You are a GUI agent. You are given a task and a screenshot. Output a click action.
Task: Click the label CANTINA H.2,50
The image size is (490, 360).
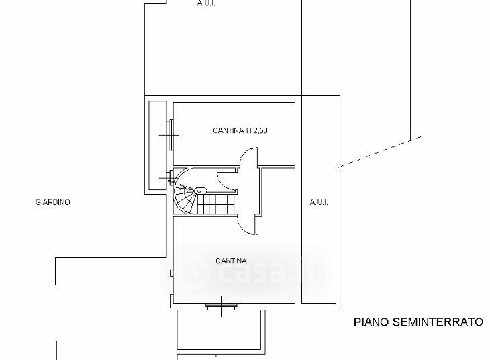coord(240,131)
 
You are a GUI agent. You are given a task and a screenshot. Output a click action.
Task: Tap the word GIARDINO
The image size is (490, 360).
coord(53,202)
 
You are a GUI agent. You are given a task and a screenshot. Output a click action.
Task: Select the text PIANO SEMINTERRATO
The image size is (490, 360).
coord(418,322)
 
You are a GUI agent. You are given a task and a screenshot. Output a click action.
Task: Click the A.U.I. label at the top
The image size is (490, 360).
coord(206,3)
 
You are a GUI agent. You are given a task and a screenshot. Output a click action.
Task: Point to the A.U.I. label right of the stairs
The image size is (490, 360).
coord(319,202)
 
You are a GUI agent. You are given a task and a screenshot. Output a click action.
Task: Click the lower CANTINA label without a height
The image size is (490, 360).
coord(231,261)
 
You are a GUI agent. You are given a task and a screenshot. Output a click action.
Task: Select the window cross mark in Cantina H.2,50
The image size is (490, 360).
coord(168,136)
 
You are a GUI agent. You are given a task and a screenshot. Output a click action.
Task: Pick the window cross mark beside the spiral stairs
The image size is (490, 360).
coord(166,179)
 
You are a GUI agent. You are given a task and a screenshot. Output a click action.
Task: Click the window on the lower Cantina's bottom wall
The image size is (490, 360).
coord(221,306)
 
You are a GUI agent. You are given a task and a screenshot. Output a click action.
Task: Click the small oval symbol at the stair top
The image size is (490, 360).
coord(200,190)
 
